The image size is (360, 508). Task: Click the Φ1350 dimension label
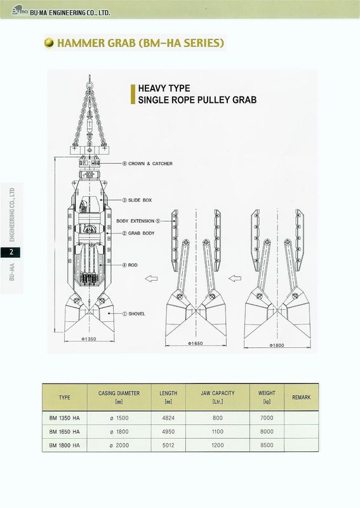pos(88,339)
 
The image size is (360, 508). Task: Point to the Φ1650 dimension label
pos(196,344)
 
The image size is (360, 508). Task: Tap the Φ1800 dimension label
pos(276,345)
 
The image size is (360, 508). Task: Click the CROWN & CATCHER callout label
pos(147,164)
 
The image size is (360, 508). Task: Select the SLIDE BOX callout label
pos(137,200)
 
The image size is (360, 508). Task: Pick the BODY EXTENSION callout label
pos(138,221)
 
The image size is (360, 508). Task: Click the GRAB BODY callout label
pos(138,233)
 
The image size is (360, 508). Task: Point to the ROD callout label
pos(130,265)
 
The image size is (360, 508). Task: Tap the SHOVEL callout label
pos(133,314)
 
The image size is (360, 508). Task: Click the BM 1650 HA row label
pos(65,432)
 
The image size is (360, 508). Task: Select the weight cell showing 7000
pos(267,418)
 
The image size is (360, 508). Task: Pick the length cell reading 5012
pos(168,445)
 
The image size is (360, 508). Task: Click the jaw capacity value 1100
pos(217,432)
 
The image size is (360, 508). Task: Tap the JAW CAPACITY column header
pos(217,393)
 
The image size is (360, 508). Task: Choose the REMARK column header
pos(302,398)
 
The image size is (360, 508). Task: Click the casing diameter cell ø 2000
pos(119,445)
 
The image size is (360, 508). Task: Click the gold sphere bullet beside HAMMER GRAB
pos(50,43)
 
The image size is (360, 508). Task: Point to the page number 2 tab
pos(11,252)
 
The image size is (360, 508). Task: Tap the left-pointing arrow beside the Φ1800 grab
pos(235,278)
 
